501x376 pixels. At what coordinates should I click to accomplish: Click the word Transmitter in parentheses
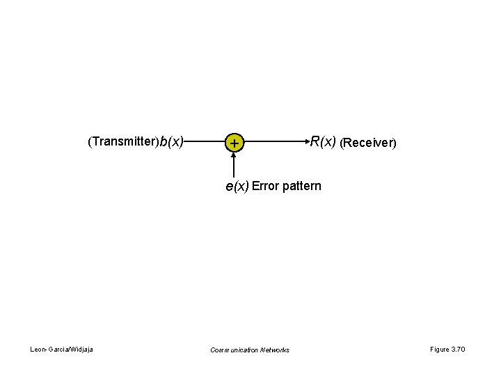[123, 142]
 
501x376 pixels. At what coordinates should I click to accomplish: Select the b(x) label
[171, 142]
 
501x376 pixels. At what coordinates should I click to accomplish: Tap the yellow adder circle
[234, 143]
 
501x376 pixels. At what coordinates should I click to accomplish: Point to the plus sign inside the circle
[234, 143]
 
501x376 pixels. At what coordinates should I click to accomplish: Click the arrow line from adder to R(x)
[275, 142]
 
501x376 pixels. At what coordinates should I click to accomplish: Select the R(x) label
[323, 142]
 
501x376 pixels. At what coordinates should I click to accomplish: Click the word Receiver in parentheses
[367, 143]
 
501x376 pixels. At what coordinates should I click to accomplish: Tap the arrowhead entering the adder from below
[234, 155]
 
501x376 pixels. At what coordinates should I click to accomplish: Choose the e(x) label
[237, 186]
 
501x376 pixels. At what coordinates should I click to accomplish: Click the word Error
[265, 186]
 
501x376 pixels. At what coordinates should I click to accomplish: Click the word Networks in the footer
[274, 350]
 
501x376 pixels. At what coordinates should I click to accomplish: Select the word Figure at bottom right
[439, 349]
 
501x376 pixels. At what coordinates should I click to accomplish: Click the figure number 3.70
[458, 349]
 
